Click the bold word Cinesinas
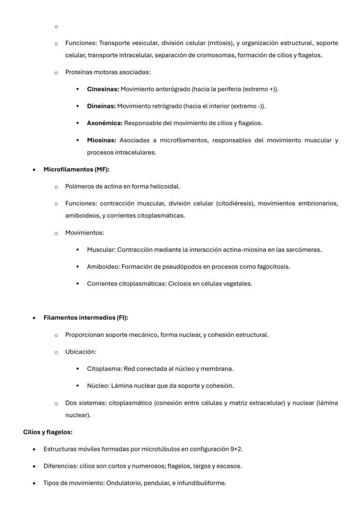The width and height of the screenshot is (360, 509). (103, 89)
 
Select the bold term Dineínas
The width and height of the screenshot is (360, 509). (101, 106)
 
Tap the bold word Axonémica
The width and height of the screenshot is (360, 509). (105, 123)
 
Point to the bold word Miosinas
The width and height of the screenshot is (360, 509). (101, 140)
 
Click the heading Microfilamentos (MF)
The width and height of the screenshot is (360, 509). (76, 170)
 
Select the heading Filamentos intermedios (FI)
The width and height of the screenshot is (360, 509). (86, 318)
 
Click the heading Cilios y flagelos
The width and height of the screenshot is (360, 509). (48, 432)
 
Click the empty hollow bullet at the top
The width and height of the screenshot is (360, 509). (56, 27)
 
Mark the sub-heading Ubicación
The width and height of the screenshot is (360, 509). (80, 352)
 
